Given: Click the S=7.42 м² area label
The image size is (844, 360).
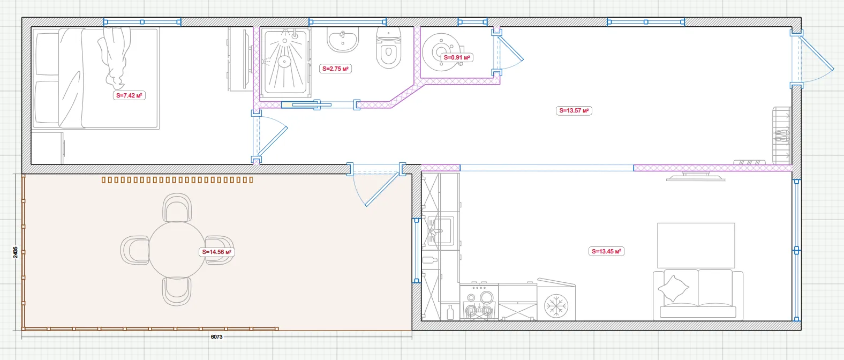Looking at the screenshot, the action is point(129,95).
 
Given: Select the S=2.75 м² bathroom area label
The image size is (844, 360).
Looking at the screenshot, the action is point(335,69).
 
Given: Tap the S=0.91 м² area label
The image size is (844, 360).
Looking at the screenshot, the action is point(457,57).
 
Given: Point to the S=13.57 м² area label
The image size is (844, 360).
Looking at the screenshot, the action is point(574,110).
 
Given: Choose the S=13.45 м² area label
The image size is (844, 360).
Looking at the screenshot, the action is point(606,251).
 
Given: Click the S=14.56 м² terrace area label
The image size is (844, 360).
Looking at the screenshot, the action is point(217,252).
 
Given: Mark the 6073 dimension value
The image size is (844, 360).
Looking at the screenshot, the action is point(217,336).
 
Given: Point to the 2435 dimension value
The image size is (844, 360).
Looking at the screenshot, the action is point(15,252).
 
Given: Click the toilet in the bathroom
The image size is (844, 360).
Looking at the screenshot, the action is point(389,48).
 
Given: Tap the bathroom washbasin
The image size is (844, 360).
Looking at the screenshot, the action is point(343,40).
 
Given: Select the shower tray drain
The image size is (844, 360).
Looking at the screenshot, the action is point(284,61).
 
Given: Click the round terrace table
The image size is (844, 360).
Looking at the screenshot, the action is point(177,250).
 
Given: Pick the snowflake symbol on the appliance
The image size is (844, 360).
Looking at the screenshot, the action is point(556,305).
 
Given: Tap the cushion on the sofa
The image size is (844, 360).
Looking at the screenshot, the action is point(673,288).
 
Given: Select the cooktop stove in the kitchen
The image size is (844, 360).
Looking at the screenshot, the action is point(479,302).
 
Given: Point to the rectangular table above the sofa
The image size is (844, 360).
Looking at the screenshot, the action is point(696,245).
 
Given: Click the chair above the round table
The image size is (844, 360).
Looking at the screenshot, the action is point(177,208).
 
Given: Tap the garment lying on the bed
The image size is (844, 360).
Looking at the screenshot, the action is point(115,57).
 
